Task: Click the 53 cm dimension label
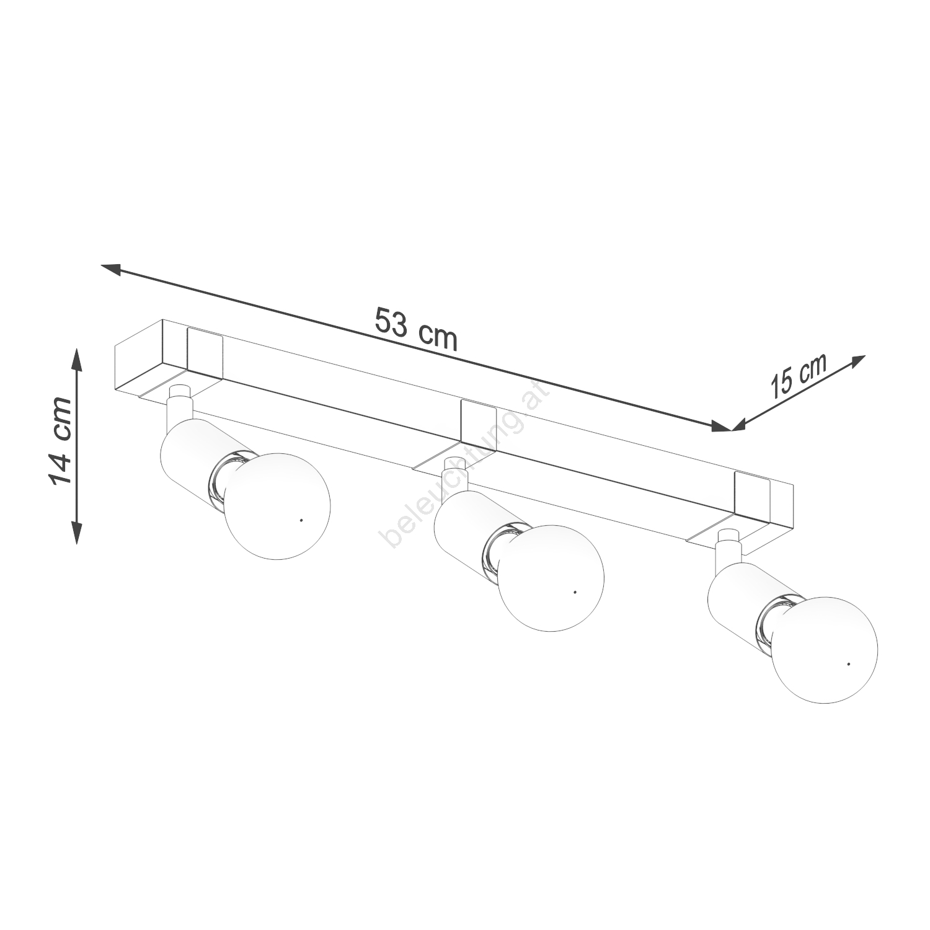point(416,330)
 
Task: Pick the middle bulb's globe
point(551,578)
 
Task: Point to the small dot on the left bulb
point(301,520)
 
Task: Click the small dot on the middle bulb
point(575,593)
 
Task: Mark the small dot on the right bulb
point(848,665)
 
